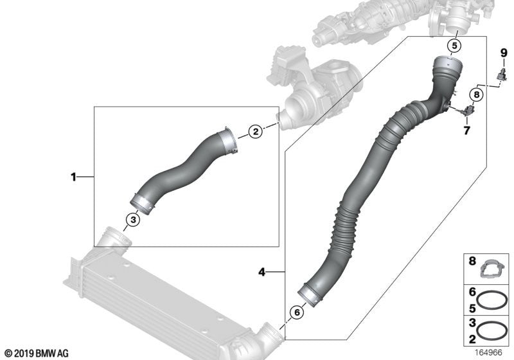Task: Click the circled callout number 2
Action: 255,132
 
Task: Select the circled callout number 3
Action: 132,220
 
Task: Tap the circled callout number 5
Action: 454,46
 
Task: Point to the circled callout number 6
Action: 296,312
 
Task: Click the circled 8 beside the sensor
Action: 475,94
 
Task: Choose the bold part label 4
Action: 261,273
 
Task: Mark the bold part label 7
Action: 467,130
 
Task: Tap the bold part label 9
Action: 504,52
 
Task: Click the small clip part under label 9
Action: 501,76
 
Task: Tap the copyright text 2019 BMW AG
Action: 36,353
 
